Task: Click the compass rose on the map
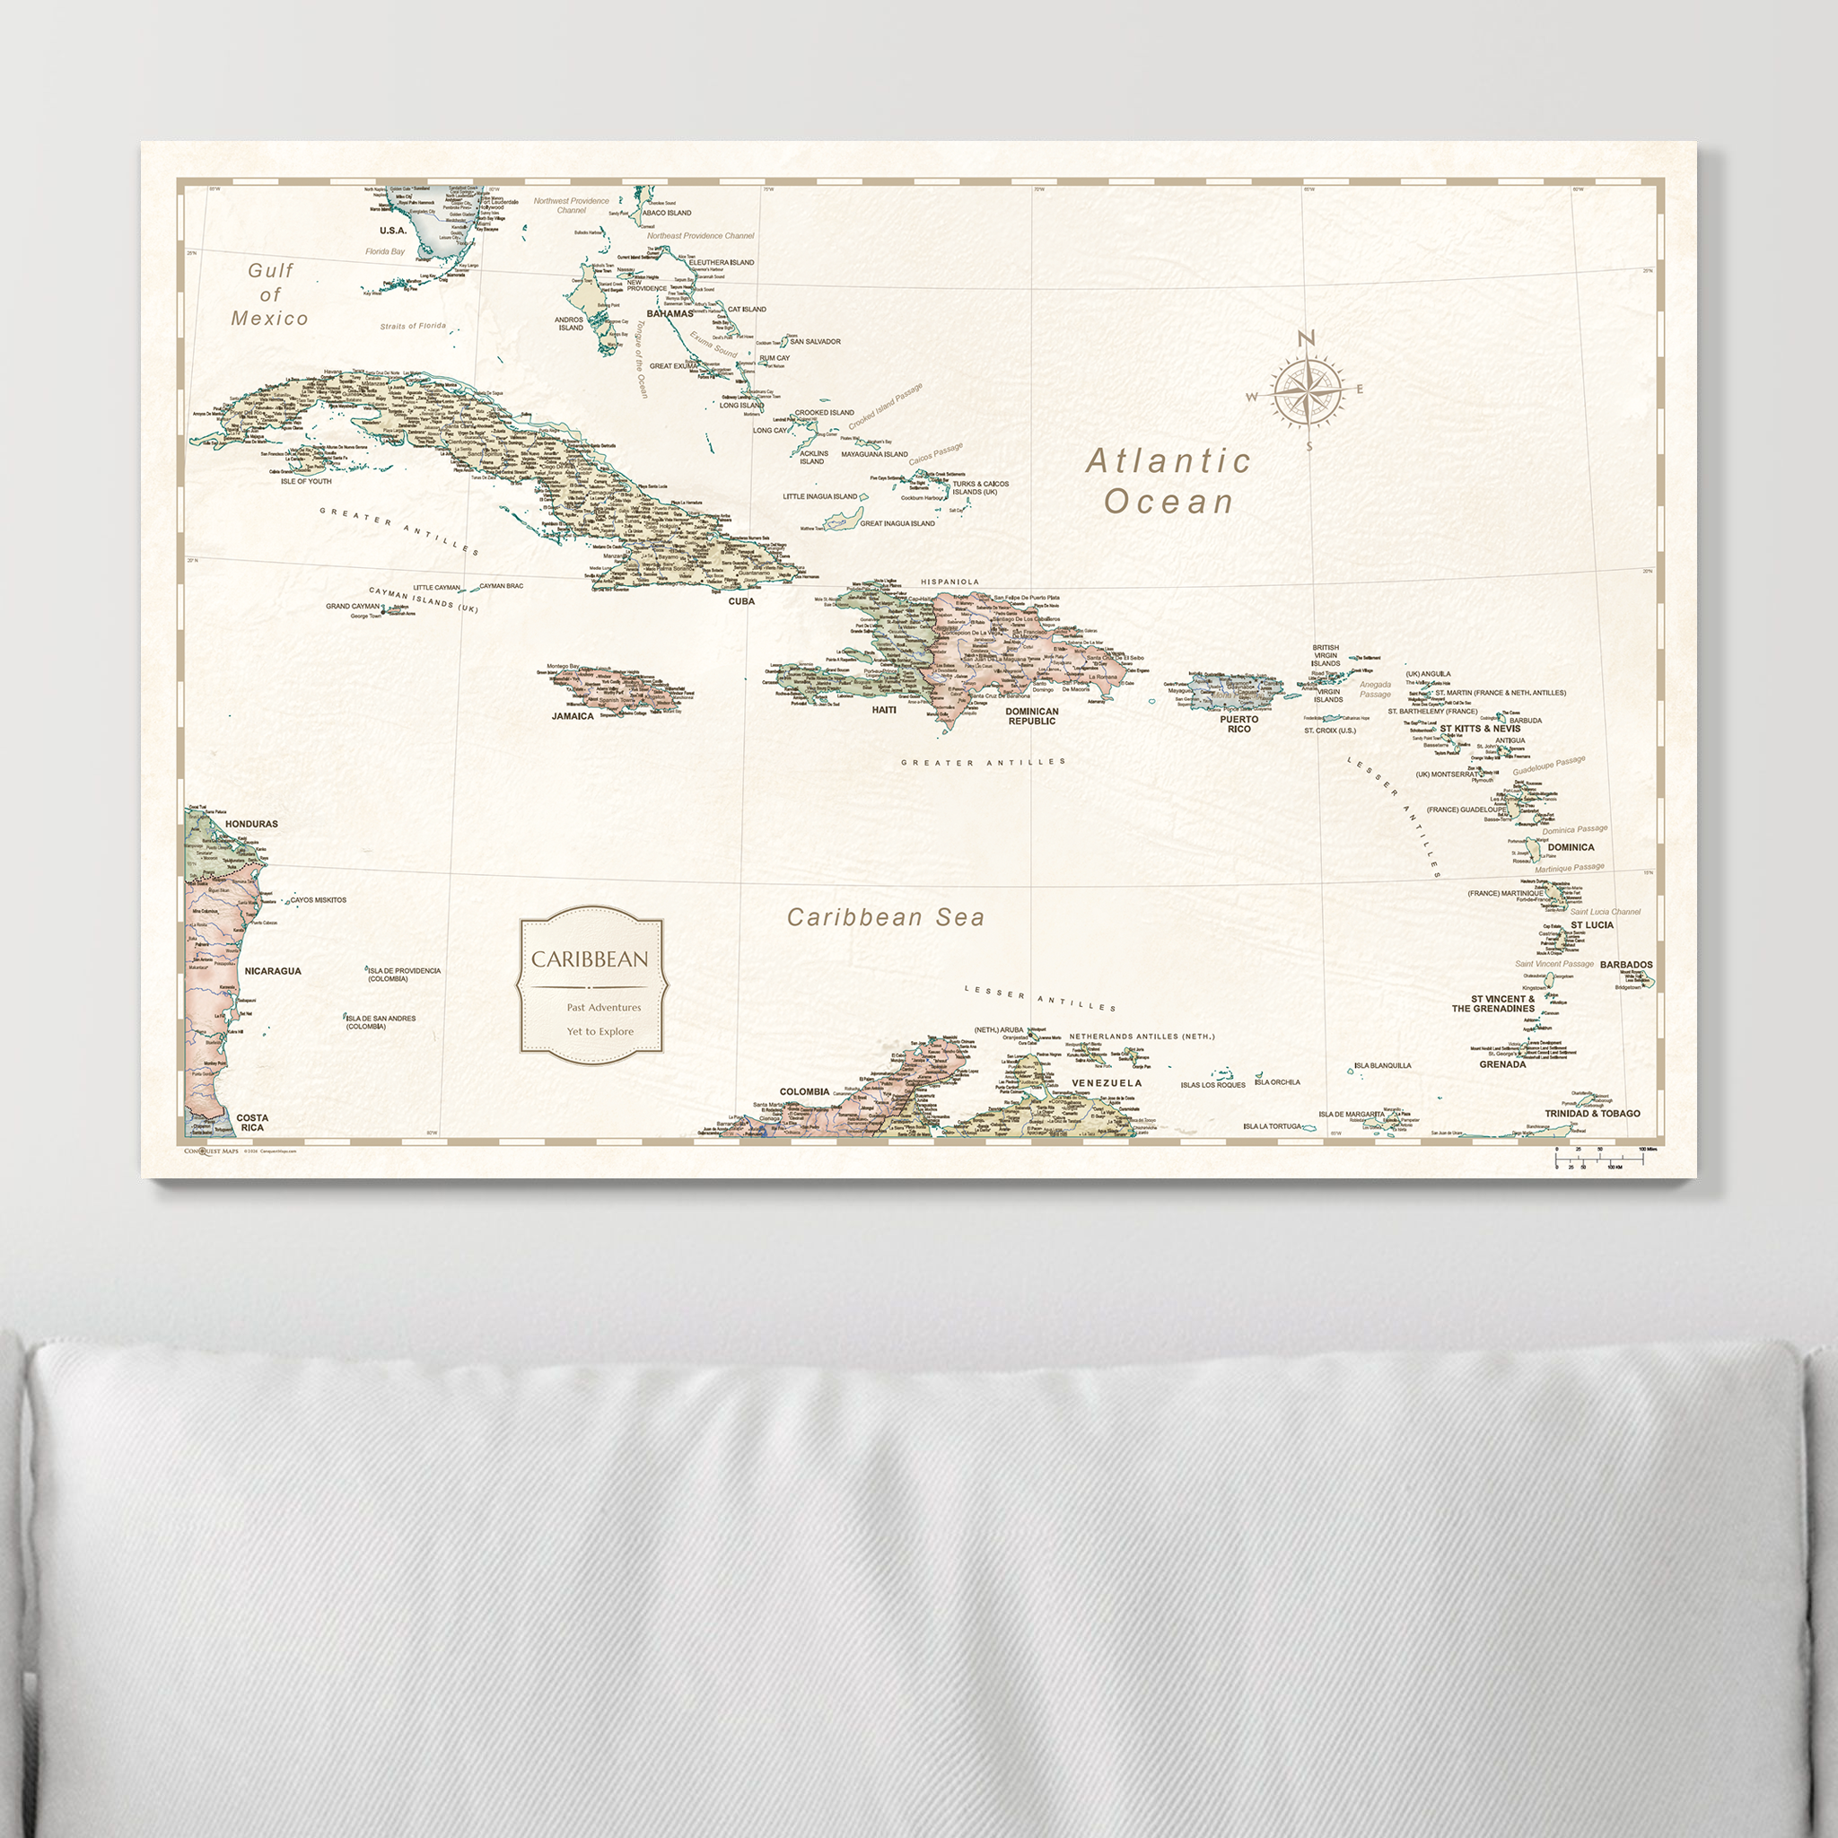[x=1307, y=391]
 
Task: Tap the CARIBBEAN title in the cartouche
[x=590, y=959]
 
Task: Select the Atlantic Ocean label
[x=1168, y=481]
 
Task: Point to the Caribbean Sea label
[x=886, y=917]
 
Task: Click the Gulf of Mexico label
[x=270, y=294]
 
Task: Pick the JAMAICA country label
[x=573, y=716]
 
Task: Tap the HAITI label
[x=884, y=710]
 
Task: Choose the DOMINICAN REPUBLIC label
[x=1032, y=716]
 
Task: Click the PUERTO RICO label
[x=1238, y=724]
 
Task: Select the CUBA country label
[x=741, y=601]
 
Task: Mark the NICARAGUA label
[x=273, y=971]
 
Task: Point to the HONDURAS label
[x=252, y=824]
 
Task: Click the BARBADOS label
[x=1626, y=965]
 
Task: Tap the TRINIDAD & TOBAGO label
[x=1591, y=1113]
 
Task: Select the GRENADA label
[x=1502, y=1064]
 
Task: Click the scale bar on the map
[x=1598, y=1158]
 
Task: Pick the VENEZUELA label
[x=1107, y=1082]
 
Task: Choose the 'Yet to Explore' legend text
[x=600, y=1031]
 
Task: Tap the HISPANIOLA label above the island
[x=950, y=582]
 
